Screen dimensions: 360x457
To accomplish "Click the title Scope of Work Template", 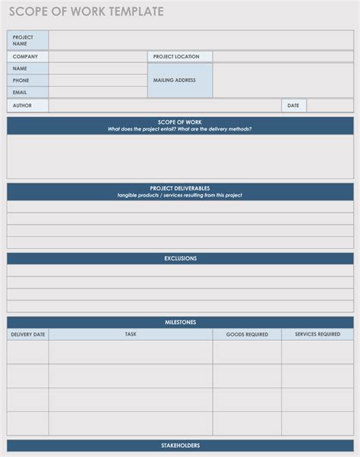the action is pos(86,11).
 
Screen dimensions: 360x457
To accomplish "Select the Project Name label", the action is pos(23,40).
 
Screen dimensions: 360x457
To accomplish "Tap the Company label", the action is pos(25,56).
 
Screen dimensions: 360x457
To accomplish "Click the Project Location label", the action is pos(176,56).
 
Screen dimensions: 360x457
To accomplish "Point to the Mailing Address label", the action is pos(175,80).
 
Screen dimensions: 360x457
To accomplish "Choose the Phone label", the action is pos(21,80).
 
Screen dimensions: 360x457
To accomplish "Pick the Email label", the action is pos(21,92).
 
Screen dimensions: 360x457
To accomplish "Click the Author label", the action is pos(23,106).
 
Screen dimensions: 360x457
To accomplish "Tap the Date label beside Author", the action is pos(293,106).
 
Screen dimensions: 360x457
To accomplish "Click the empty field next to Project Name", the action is pos(201,40).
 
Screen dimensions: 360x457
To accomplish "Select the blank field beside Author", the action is pos(164,106).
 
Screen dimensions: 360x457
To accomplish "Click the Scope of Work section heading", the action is pos(180,121).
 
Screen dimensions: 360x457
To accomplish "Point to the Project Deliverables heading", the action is pos(180,188).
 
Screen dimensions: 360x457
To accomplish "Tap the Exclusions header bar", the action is pos(180,258).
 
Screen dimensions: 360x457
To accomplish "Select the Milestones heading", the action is pos(180,322).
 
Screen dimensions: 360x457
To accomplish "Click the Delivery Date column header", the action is pos(28,334).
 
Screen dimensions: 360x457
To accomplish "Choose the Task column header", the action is pos(131,334).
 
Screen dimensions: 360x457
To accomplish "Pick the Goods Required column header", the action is pos(247,334).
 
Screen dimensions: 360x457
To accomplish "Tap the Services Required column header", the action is pos(317,334).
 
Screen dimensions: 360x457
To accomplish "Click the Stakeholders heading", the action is pos(180,445).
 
